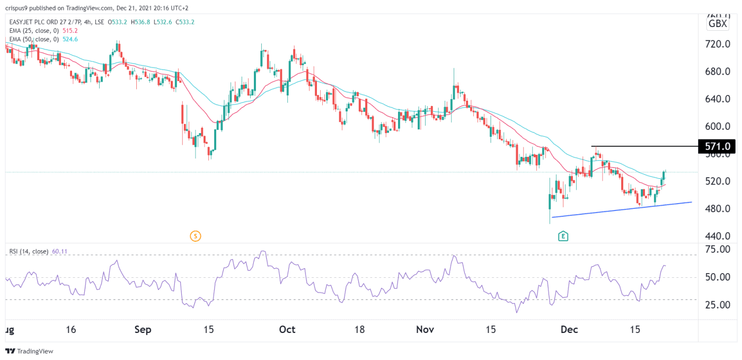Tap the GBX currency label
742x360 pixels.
(718, 24)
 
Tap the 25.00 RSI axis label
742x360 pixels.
(716, 305)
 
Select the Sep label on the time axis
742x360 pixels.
(143, 330)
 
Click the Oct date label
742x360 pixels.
(287, 330)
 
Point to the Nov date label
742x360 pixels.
(425, 330)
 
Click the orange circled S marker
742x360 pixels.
(195, 236)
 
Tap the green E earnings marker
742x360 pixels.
(563, 236)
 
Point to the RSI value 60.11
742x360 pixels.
(59, 251)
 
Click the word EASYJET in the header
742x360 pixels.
(20, 22)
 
